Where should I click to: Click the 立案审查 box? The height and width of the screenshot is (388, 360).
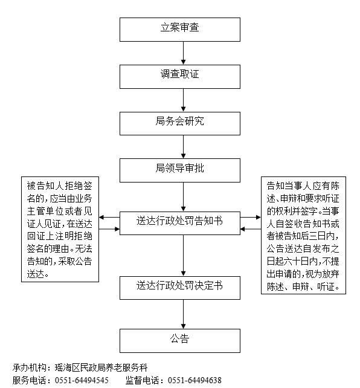(x=180, y=30)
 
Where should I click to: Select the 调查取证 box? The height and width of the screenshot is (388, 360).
(x=180, y=77)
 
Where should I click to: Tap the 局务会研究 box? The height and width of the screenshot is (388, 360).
(x=180, y=123)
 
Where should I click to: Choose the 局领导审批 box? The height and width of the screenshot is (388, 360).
(x=180, y=170)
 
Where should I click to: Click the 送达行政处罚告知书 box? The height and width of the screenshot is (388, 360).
(x=180, y=223)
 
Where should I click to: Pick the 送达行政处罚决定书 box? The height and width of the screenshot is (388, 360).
(x=180, y=288)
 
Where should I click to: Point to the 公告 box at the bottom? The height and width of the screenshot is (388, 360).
(x=180, y=341)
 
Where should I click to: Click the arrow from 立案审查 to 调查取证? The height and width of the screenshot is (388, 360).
(x=183, y=53)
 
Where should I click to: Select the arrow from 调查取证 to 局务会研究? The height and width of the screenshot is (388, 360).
(x=183, y=100)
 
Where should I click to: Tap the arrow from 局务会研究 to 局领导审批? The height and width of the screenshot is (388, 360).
(x=183, y=147)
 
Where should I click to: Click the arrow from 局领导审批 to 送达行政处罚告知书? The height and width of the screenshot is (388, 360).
(x=183, y=197)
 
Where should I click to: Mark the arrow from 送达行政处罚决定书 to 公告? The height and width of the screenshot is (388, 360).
(x=183, y=314)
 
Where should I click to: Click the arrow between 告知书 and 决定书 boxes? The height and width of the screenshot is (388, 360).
(x=183, y=256)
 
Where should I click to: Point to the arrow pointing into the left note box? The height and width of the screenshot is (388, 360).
(x=109, y=218)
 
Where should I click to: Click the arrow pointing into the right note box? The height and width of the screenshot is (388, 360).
(x=251, y=218)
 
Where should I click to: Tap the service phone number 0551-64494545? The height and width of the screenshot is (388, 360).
(x=82, y=380)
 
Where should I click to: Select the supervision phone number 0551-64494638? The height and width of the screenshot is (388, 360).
(x=194, y=380)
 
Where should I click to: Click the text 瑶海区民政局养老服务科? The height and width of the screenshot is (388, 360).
(x=101, y=368)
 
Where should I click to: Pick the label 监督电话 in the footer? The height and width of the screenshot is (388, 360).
(x=142, y=380)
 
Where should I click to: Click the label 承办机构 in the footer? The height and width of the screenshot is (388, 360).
(x=29, y=368)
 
